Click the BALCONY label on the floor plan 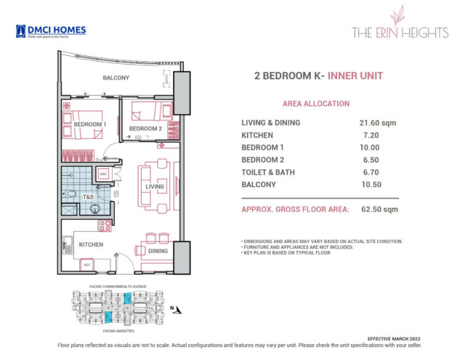pos(116,78)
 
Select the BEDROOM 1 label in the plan pos(90,124)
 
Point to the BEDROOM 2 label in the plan pos(145,129)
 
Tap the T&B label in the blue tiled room pos(87,197)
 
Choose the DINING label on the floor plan pos(158,251)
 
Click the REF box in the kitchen pos(86,264)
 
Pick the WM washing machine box pos(103,174)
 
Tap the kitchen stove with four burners pos(105,225)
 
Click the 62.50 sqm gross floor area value pos(377,209)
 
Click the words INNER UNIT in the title pos(355,76)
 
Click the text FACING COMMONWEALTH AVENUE pos(117,287)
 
